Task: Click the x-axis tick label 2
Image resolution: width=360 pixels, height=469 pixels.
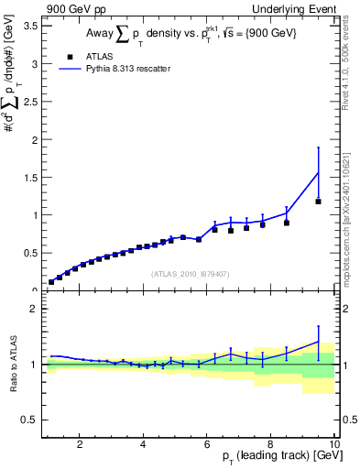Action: (80, 444)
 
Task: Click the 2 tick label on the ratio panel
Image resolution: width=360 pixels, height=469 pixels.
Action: (35, 309)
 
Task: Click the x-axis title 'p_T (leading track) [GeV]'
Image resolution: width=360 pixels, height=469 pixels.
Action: (275, 456)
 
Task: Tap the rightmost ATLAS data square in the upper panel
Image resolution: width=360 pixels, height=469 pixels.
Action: (318, 202)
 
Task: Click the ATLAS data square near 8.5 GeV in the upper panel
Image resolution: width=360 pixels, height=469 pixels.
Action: (287, 223)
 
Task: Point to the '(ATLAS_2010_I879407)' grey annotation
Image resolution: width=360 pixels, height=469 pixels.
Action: (190, 273)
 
